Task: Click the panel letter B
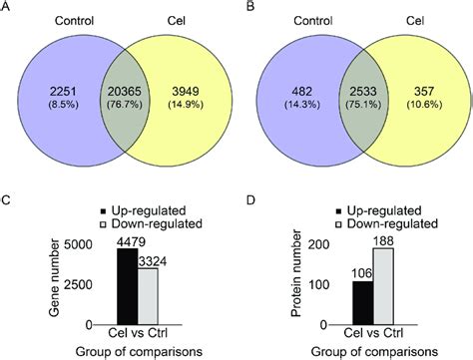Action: [243, 8]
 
